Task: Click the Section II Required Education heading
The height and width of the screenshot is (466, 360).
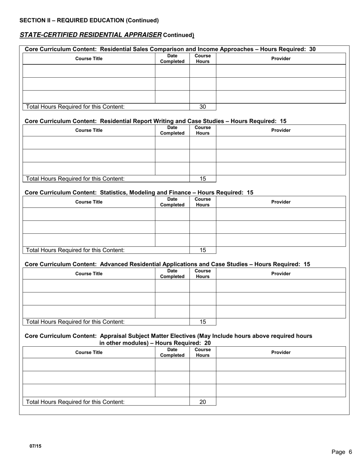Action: (x=89, y=20)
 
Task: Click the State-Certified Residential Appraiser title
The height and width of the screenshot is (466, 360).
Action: (x=91, y=35)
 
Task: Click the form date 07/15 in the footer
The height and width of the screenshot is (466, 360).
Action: (x=36, y=446)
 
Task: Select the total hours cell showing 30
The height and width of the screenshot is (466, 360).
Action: (x=203, y=107)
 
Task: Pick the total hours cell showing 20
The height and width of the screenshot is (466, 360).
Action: (x=203, y=402)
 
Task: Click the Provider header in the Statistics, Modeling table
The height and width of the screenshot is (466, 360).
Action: (x=281, y=202)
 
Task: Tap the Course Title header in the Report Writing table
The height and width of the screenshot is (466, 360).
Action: (x=89, y=130)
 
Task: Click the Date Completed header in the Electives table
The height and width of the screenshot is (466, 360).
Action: (x=172, y=352)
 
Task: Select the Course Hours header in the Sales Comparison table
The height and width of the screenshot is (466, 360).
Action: (x=203, y=58)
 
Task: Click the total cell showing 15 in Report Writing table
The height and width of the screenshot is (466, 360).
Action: (x=203, y=179)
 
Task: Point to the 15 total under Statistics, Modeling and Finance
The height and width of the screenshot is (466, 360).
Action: (x=203, y=250)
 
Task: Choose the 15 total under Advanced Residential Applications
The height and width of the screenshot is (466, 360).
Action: (x=203, y=322)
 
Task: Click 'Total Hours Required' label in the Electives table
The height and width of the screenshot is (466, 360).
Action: (x=75, y=402)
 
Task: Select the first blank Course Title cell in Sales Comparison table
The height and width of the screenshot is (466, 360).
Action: (x=89, y=71)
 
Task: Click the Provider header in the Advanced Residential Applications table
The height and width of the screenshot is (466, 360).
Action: (x=281, y=274)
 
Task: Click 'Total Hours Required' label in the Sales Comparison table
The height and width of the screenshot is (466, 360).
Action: (x=75, y=107)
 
